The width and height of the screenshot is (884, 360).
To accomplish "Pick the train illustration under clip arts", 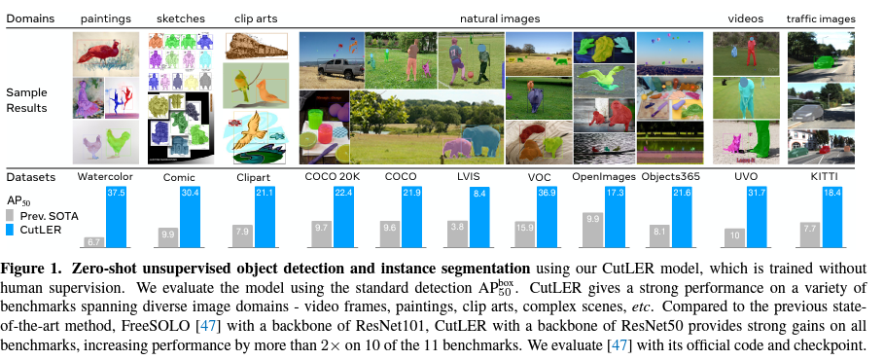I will pyautogui.click(x=256, y=47).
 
